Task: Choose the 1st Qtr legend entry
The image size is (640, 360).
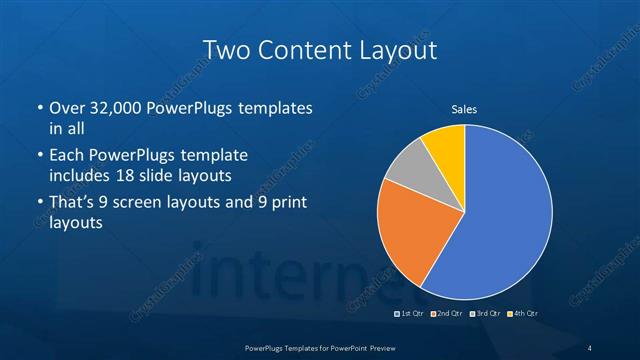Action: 411,314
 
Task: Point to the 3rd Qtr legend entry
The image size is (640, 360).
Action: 484,314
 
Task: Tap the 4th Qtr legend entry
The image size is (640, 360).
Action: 523,314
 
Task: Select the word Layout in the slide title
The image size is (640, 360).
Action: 398,49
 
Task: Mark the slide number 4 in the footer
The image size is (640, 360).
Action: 590,347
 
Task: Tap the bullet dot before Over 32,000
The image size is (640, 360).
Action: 38,107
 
